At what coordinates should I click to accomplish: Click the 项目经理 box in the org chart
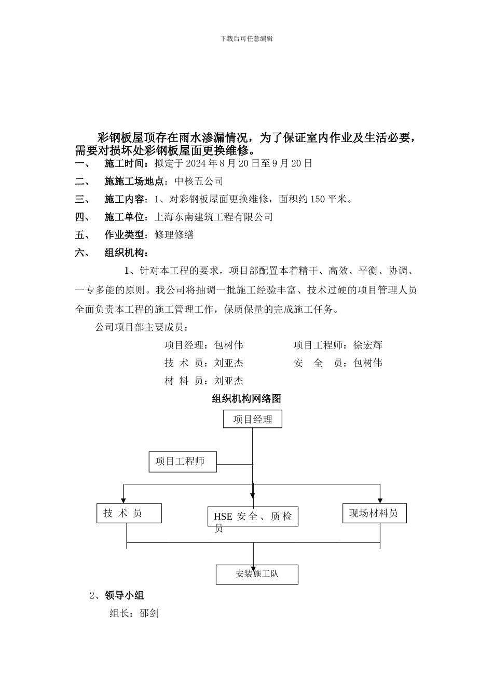253,419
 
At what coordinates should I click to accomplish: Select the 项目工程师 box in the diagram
180,461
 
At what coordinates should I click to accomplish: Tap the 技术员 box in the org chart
129,513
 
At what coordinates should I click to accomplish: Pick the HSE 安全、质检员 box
253,517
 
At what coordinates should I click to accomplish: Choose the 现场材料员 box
374,513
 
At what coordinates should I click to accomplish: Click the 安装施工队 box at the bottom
257,574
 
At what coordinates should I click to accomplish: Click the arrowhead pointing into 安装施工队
253,562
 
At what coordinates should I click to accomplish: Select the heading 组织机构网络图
246,398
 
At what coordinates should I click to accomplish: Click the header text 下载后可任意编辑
246,38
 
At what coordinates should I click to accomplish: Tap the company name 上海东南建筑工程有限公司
214,217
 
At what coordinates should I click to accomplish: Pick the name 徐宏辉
368,345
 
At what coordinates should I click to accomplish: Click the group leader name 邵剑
149,613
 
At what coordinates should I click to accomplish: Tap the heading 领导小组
124,595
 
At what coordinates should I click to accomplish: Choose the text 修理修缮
174,234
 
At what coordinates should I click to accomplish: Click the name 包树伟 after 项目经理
229,345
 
